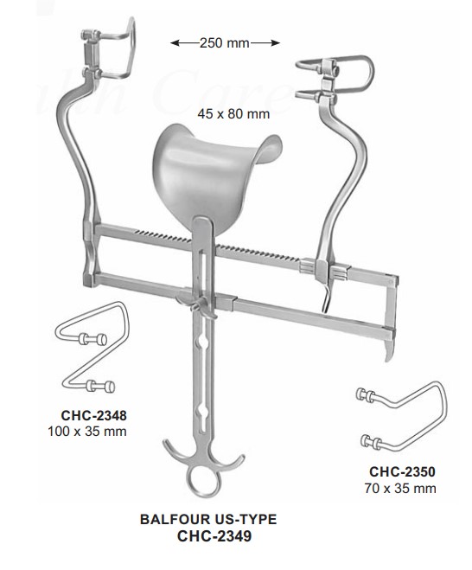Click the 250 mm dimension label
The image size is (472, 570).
225,43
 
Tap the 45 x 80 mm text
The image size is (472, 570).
233,114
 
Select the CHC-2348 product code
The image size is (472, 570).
93,415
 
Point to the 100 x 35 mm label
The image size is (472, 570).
87,432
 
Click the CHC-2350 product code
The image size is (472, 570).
402,471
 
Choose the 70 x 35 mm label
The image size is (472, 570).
400,488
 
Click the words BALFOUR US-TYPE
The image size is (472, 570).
208,519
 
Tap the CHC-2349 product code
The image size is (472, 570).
214,535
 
